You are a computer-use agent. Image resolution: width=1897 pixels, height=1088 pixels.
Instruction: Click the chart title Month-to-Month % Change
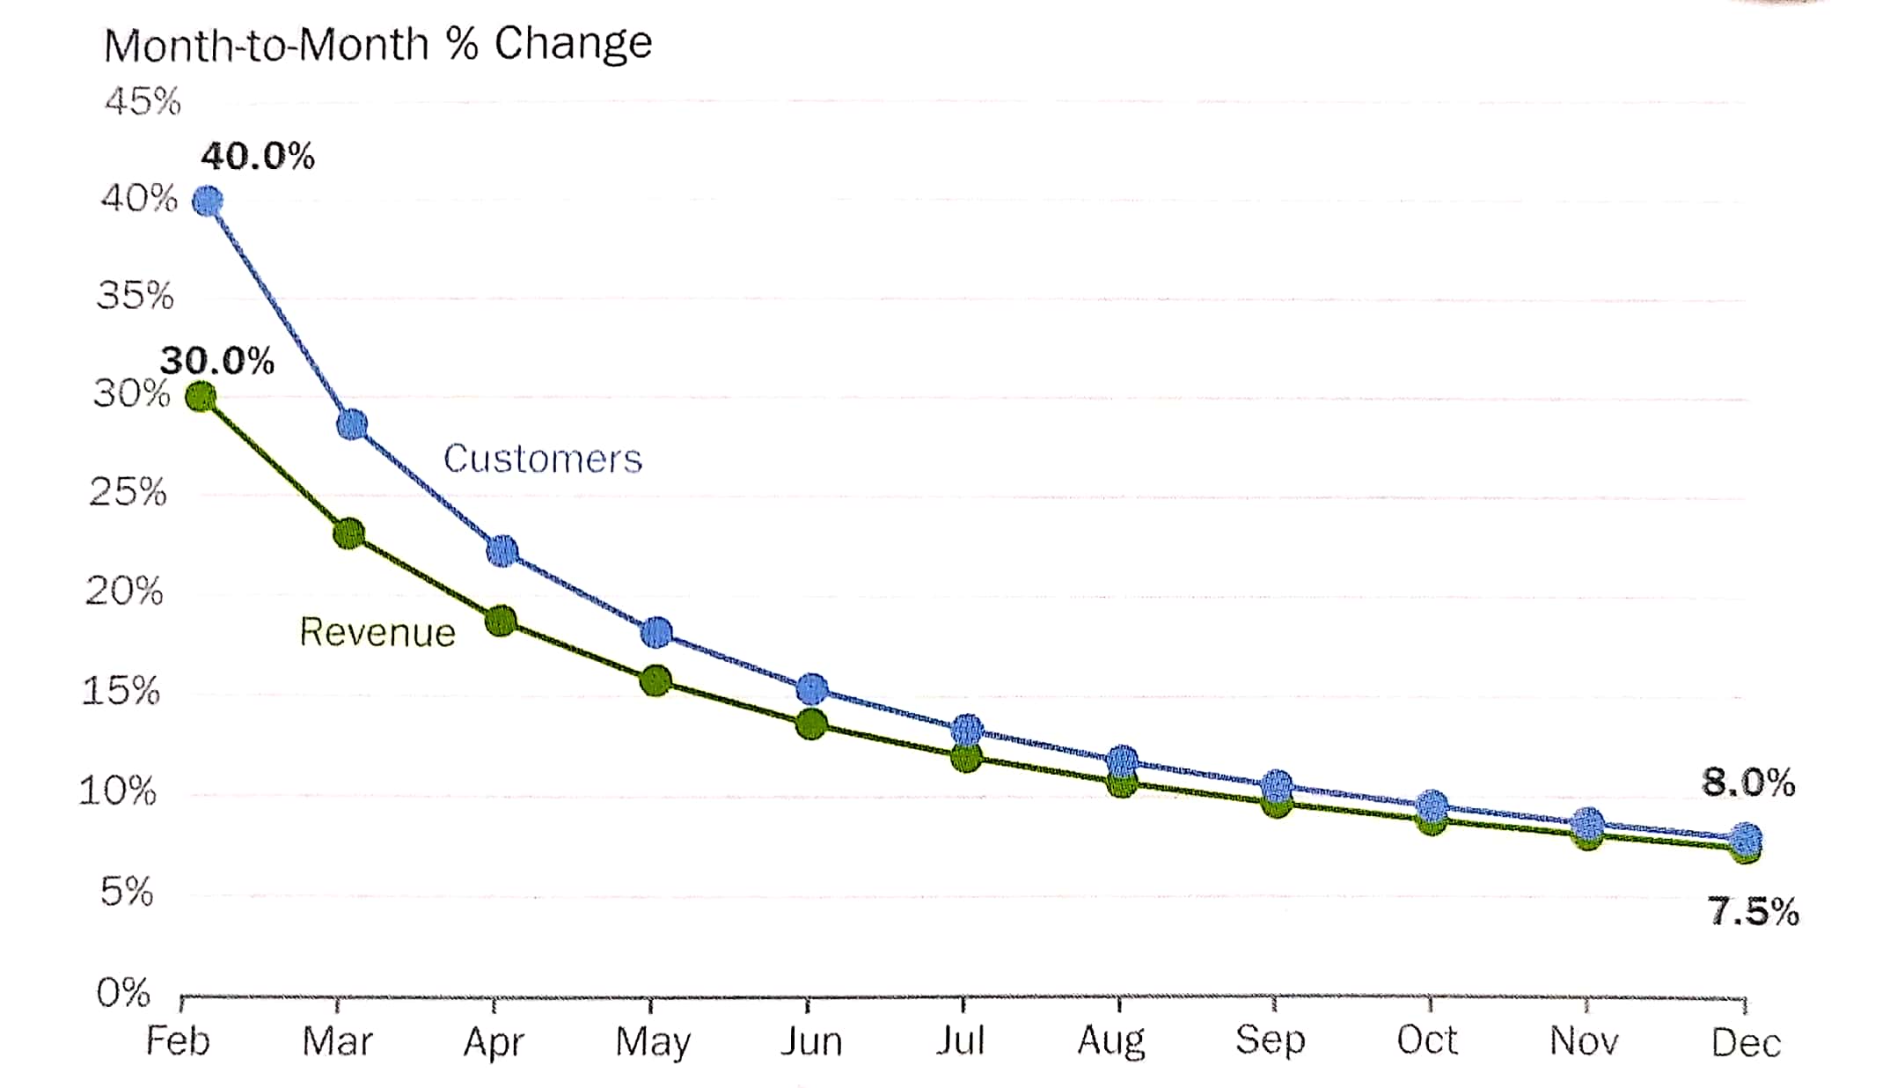(x=378, y=44)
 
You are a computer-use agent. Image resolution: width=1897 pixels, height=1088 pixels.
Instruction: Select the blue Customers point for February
(x=208, y=201)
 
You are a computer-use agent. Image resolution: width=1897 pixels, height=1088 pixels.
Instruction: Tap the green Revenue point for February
(x=201, y=397)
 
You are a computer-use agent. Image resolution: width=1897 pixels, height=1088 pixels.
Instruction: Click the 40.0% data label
(x=258, y=157)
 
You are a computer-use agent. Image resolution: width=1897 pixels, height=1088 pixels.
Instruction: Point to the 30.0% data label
(x=217, y=361)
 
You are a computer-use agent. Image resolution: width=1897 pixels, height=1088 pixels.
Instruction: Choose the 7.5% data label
(x=1754, y=911)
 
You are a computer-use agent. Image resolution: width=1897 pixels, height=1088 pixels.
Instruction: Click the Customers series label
(x=543, y=459)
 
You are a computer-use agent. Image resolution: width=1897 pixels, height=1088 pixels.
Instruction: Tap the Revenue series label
(x=377, y=632)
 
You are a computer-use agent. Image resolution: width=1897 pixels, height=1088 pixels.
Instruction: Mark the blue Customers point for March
(x=352, y=424)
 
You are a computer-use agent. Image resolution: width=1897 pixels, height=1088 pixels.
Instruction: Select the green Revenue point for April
(x=501, y=621)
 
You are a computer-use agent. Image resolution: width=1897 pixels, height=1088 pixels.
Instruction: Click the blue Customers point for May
(x=656, y=632)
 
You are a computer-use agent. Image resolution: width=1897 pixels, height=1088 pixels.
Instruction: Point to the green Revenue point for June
(x=811, y=724)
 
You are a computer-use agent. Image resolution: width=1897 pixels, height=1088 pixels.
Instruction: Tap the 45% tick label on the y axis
(x=143, y=101)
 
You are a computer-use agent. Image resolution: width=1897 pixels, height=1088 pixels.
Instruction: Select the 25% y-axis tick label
(x=128, y=491)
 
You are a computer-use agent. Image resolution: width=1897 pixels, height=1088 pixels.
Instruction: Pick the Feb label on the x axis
(x=178, y=1041)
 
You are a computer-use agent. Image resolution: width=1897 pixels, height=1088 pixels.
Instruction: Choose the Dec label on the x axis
(x=1746, y=1043)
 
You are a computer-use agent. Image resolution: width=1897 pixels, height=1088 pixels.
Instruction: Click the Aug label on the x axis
(x=1111, y=1041)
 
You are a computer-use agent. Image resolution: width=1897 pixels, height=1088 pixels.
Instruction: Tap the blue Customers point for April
(x=502, y=551)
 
